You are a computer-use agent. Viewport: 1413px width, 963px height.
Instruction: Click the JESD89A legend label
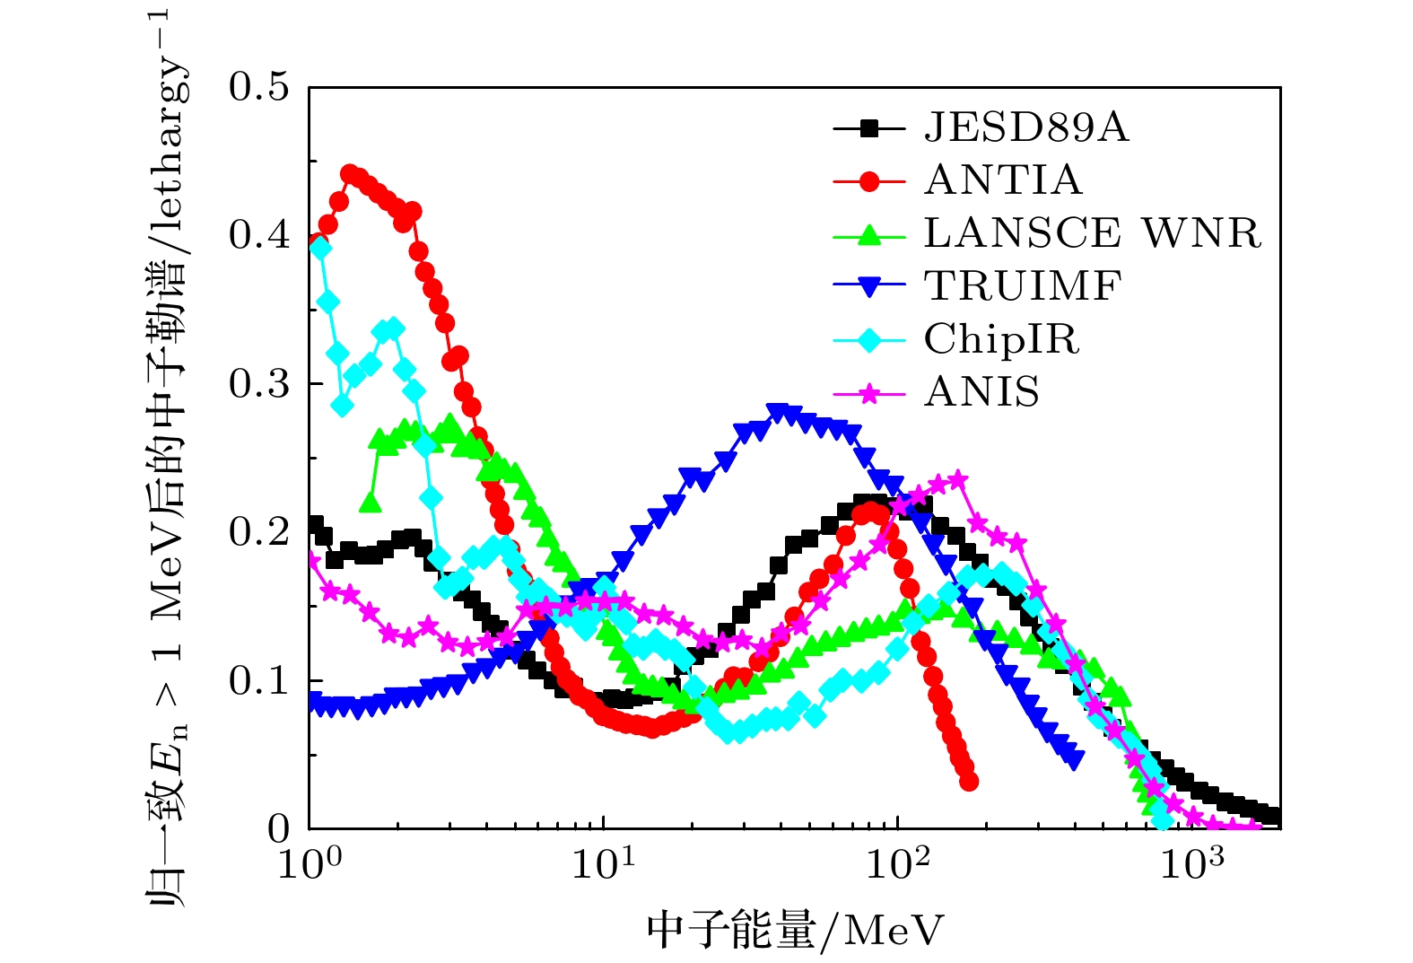click(1025, 128)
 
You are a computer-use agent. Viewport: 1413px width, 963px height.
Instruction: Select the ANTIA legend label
click(1003, 180)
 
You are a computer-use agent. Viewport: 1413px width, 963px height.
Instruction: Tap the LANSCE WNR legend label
click(1092, 233)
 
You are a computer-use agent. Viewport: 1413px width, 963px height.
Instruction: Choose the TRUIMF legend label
click(1023, 286)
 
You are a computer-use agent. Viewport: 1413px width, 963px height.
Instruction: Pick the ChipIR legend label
click(1001, 339)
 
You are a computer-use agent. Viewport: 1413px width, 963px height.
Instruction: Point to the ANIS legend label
click(981, 392)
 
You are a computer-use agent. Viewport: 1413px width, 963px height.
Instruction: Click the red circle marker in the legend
click(868, 181)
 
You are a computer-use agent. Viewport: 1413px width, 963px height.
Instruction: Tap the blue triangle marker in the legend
click(868, 287)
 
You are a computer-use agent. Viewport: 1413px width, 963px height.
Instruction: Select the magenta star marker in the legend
click(868, 393)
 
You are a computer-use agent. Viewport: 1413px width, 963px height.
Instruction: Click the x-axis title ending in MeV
click(795, 931)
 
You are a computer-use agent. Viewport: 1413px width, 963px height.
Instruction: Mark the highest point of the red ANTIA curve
click(350, 172)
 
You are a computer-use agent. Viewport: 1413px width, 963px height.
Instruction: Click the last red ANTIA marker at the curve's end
click(969, 782)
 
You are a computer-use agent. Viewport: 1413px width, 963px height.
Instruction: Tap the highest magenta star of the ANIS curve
click(958, 479)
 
